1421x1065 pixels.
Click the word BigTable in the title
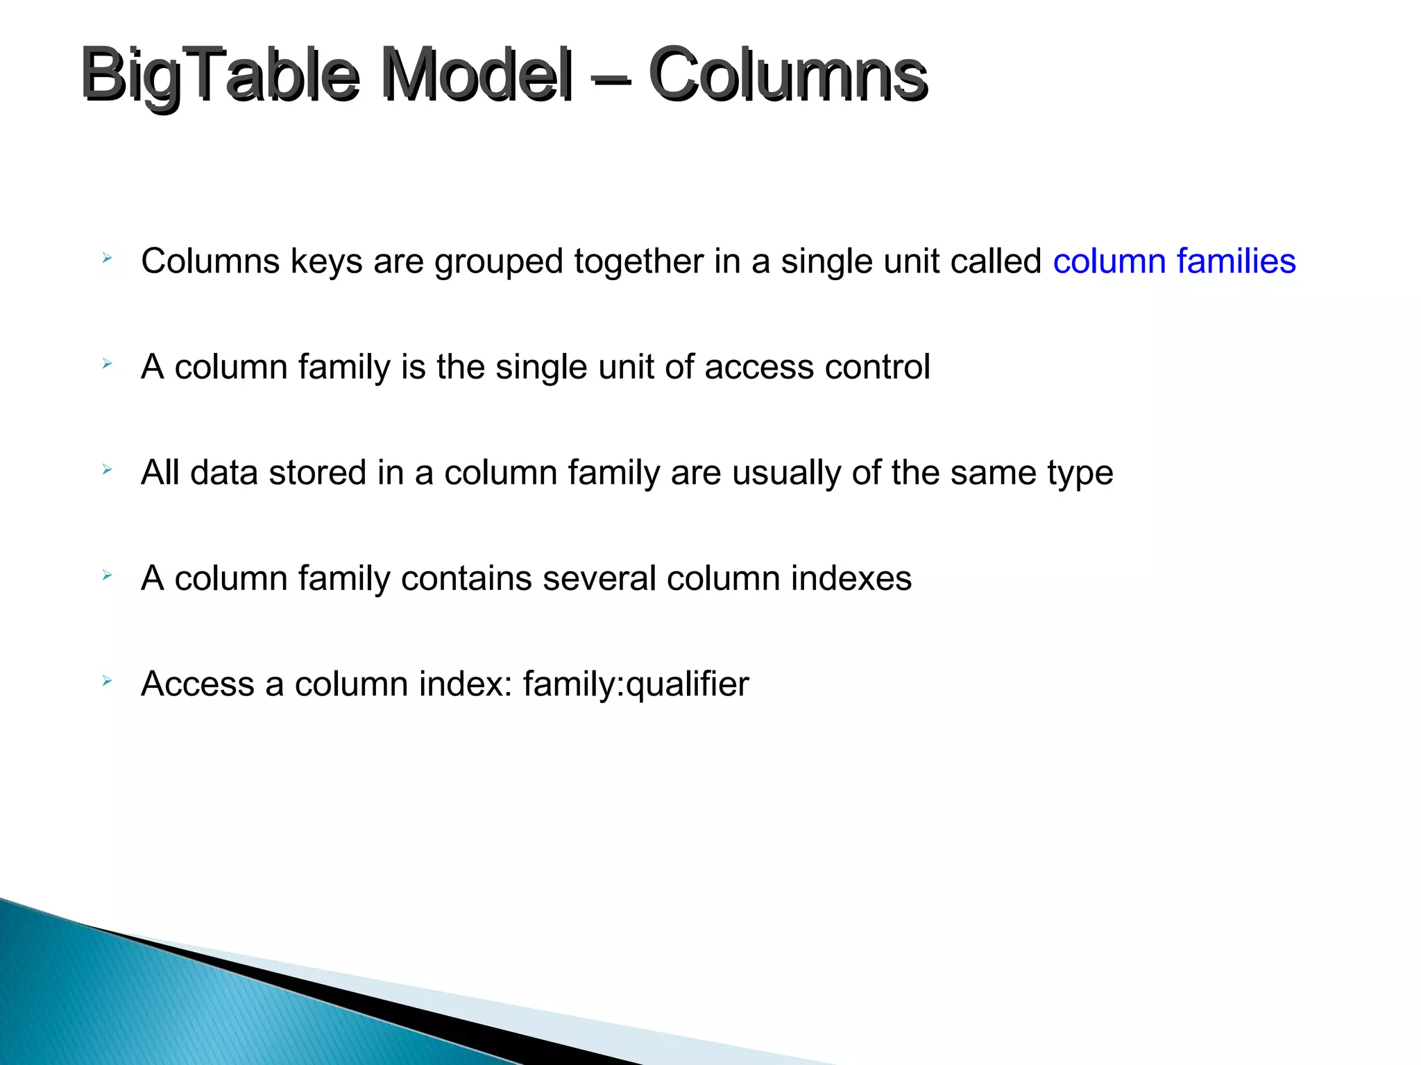pos(220,75)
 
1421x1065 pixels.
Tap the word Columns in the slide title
pos(788,75)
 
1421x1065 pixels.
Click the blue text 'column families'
pos(1174,261)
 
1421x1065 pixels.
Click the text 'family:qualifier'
pos(636,684)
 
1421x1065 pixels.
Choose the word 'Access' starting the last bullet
pos(198,684)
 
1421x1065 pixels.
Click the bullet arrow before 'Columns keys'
pos(107,259)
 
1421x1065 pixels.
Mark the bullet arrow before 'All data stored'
pos(107,470)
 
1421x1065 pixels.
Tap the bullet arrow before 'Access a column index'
pos(107,681)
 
